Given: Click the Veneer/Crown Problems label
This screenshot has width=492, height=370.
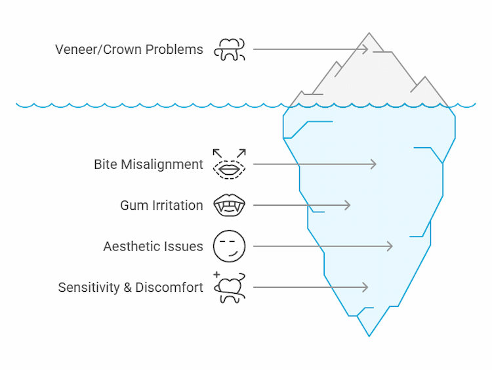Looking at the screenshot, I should [129, 49].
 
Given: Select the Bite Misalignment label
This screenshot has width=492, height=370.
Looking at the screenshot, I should [148, 164].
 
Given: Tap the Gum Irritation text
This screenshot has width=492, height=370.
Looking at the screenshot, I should [161, 206].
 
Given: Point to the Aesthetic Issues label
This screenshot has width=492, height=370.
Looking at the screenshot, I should [153, 246].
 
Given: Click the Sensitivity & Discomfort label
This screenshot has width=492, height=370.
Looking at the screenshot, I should [131, 288].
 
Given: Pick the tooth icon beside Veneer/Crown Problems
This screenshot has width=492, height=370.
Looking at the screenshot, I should [230, 49].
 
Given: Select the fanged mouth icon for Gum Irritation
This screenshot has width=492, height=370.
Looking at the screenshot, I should [230, 206].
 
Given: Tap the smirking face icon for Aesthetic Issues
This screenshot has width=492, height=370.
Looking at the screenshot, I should [230, 246].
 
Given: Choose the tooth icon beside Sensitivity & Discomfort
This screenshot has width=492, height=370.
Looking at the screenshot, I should [230, 288].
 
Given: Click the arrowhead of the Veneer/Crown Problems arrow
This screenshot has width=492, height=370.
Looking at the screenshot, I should [365, 49].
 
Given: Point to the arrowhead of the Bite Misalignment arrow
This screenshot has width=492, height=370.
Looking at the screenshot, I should [374, 164].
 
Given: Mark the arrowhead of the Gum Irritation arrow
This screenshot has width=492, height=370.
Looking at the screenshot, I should [348, 206].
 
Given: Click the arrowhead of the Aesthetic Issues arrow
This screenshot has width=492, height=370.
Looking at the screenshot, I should [390, 246].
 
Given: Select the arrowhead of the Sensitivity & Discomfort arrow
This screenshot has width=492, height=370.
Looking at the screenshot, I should [365, 288].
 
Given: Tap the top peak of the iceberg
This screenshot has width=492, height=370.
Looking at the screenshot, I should [369, 34].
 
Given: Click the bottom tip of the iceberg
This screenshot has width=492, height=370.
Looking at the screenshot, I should [369, 336].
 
